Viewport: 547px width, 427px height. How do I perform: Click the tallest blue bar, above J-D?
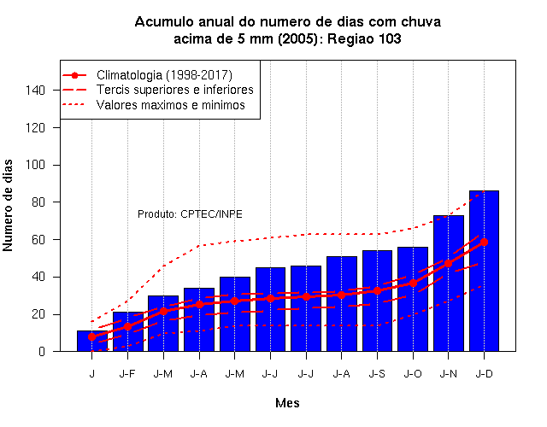point(484,271)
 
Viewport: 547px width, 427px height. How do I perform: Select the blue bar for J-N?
point(448,284)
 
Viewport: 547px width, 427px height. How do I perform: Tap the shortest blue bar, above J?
point(92,341)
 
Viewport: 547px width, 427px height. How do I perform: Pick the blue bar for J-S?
point(377,301)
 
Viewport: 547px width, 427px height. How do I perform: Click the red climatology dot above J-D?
point(484,242)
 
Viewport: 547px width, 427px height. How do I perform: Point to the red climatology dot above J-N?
point(448,264)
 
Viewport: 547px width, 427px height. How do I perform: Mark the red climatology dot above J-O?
point(413,283)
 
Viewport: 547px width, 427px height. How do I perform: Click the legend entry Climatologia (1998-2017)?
point(164,75)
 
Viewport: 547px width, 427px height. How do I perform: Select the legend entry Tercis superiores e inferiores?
point(174,90)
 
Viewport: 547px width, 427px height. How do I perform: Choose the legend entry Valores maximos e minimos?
point(171,105)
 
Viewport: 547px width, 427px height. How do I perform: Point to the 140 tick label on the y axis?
point(36,91)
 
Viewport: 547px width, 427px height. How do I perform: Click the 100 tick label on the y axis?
point(36,165)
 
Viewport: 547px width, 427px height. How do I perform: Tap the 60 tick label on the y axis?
point(38,240)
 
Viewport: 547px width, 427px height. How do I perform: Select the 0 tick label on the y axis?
point(42,352)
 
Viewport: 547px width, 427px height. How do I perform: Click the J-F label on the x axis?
point(127,374)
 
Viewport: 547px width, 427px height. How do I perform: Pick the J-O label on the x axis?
point(413,374)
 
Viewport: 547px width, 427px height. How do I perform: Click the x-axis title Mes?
point(287,403)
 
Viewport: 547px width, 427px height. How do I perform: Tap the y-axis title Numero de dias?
point(8,206)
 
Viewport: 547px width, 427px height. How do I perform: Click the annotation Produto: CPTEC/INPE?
point(190,214)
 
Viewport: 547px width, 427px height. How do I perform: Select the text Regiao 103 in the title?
point(364,38)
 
